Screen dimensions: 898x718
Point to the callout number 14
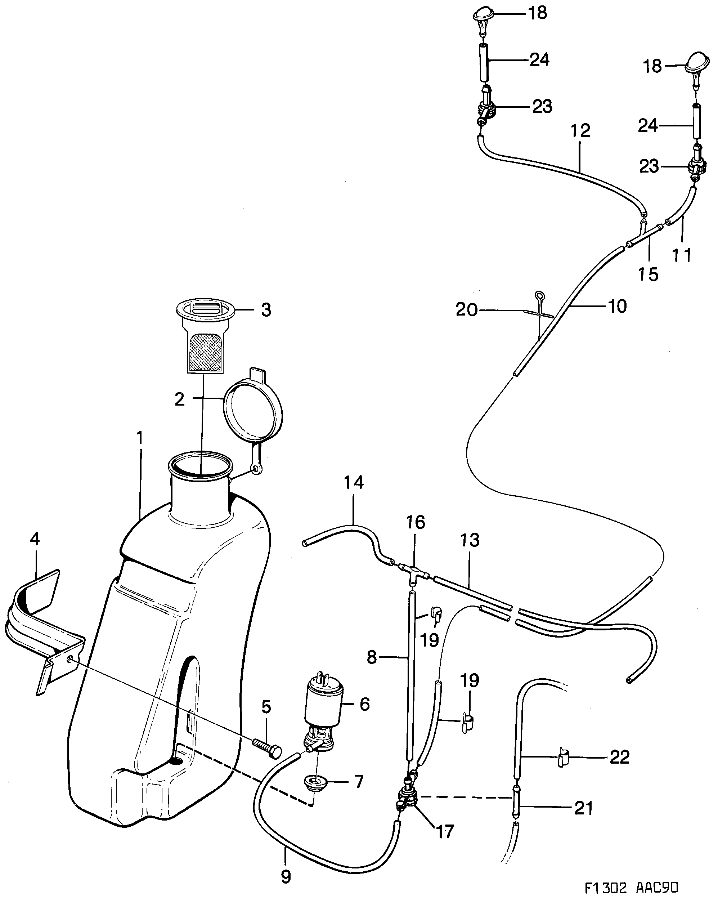[354, 482]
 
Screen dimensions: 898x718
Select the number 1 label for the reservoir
[140, 438]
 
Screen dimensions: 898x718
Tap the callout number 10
[617, 307]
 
